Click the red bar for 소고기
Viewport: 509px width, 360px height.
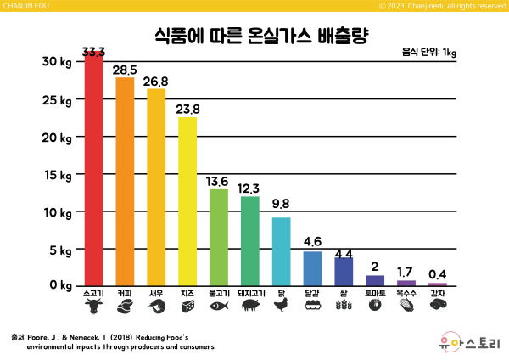pyautogui.click(x=93, y=170)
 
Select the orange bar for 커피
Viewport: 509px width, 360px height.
pyautogui.click(x=125, y=182)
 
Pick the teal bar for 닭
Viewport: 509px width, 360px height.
pyautogui.click(x=281, y=251)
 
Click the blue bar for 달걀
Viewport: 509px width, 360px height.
pyautogui.click(x=312, y=268)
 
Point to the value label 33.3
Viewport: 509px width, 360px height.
pyautogui.click(x=93, y=53)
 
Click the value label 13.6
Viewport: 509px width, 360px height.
pyautogui.click(x=218, y=182)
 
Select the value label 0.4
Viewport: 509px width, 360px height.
pyautogui.click(x=438, y=273)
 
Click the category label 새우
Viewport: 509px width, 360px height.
pyautogui.click(x=156, y=293)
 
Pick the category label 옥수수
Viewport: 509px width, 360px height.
pyautogui.click(x=406, y=293)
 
